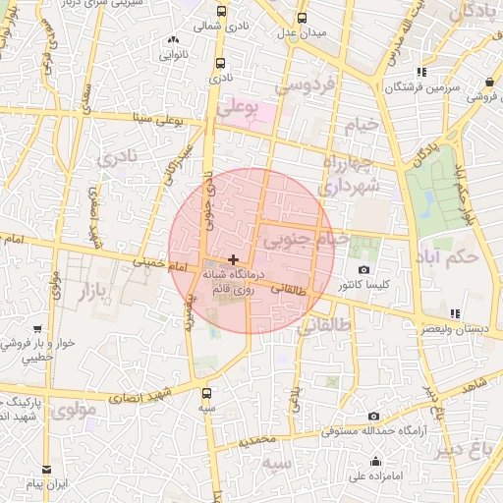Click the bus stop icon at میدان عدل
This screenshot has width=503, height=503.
coord(302,18)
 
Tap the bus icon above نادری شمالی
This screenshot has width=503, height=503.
coord(222,12)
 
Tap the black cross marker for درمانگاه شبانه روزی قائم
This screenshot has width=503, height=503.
coord(232,259)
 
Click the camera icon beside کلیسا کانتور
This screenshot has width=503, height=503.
coord(364,270)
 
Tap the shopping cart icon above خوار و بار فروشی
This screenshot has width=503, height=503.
coord(37,329)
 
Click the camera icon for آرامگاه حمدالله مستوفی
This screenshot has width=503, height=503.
coord(373,417)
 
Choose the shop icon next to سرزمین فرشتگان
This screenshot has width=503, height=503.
coord(421,72)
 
